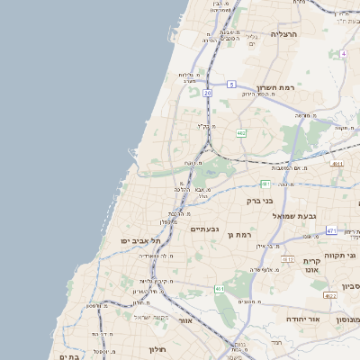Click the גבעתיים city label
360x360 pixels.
(x=205, y=229)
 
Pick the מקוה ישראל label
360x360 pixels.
(x=151, y=316)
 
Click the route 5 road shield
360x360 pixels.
(x=231, y=85)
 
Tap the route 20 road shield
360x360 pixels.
(x=207, y=93)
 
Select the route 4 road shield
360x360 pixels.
(x=343, y=53)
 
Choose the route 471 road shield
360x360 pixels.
(x=331, y=231)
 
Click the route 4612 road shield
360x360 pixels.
(x=287, y=259)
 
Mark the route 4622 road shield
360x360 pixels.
(x=330, y=295)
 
